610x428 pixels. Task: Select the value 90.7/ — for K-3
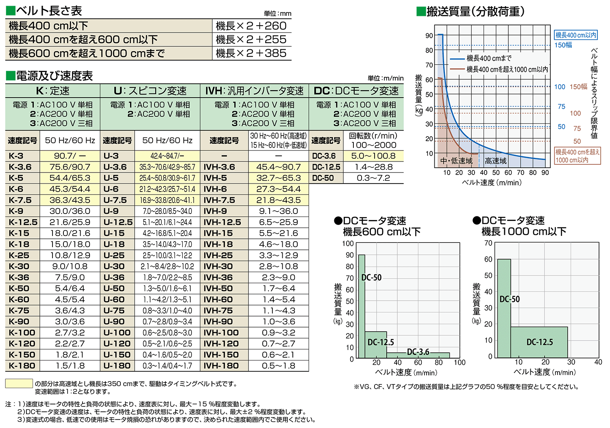pyautogui.click(x=70, y=156)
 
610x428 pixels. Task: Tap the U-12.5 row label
pyautogui.click(x=118, y=222)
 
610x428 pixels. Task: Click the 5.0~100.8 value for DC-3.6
pyautogui.click(x=373, y=156)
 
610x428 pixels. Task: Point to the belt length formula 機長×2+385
pyautogui.click(x=251, y=53)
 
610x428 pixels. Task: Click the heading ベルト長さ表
pyautogui.click(x=49, y=11)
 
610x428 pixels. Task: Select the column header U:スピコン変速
pyautogui.click(x=150, y=91)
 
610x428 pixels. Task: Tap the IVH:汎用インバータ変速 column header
pyautogui.click(x=255, y=91)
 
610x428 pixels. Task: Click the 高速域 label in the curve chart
pyautogui.click(x=496, y=161)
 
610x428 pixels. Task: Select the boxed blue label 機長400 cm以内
pyautogui.click(x=576, y=35)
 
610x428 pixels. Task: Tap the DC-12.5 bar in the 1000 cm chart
pyautogui.click(x=539, y=342)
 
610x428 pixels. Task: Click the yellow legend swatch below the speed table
pyautogui.click(x=19, y=384)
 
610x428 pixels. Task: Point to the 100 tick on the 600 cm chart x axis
pyautogui.click(x=460, y=362)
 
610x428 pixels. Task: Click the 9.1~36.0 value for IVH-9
pyautogui.click(x=279, y=211)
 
